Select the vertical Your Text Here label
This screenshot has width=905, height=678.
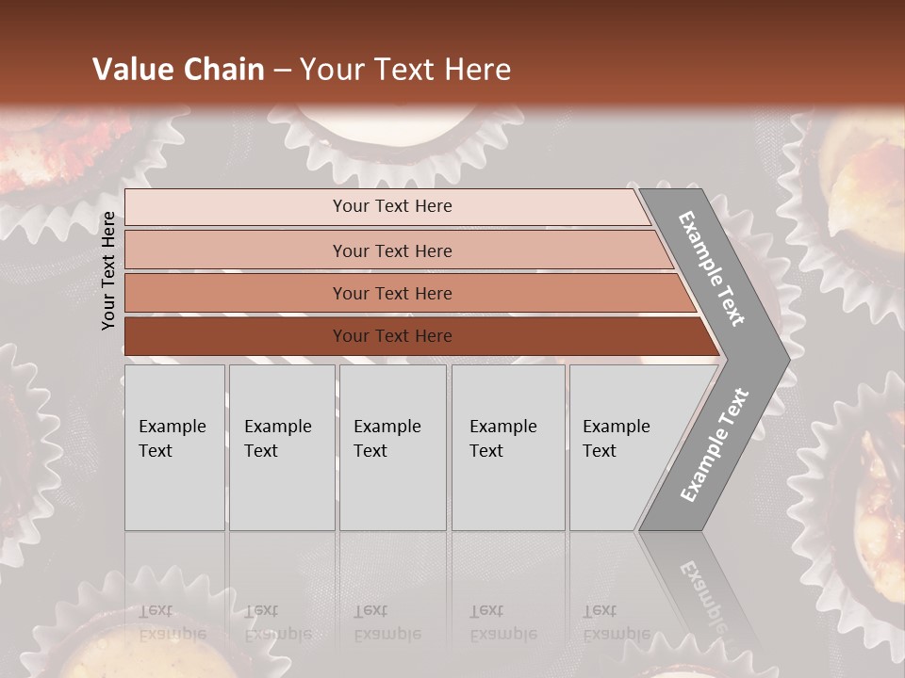pyautogui.click(x=108, y=270)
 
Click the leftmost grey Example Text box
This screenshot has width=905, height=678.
pyautogui.click(x=174, y=447)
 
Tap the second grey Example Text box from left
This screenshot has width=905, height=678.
pyautogui.click(x=282, y=447)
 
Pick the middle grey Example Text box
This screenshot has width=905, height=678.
pyautogui.click(x=392, y=447)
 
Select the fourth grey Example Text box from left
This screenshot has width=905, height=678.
pyautogui.click(x=508, y=447)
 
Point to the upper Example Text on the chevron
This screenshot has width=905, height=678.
pyautogui.click(x=713, y=268)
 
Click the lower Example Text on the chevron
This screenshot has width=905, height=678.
pyautogui.click(x=714, y=444)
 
